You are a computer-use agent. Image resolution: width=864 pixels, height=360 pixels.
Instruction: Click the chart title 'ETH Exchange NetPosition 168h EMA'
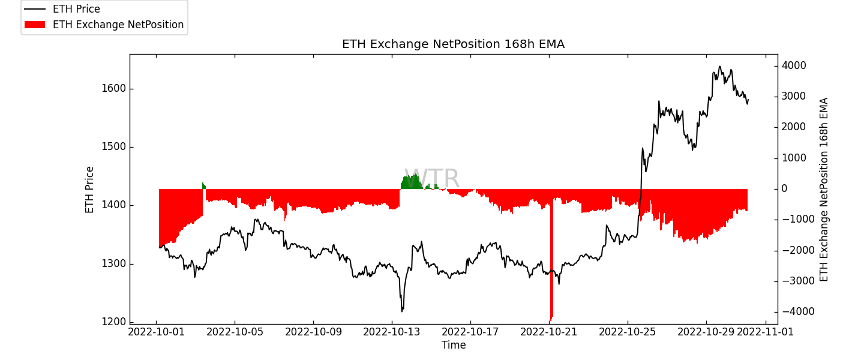[x=453, y=44]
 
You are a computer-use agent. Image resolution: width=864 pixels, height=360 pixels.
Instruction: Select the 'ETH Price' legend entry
[x=76, y=9]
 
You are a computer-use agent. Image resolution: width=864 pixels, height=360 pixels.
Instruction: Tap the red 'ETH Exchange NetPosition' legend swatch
[x=35, y=25]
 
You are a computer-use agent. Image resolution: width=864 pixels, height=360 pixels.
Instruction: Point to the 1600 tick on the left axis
[x=114, y=89]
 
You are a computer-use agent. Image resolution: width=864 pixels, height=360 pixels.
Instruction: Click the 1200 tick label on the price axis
[x=114, y=322]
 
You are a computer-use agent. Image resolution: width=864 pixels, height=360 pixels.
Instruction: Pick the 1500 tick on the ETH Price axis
[x=114, y=147]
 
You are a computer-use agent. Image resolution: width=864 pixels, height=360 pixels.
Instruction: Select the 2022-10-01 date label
[x=157, y=331]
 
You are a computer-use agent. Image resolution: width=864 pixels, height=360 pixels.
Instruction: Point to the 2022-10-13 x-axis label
[x=392, y=331]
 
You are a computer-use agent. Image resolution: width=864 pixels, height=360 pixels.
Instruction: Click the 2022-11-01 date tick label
[x=765, y=331]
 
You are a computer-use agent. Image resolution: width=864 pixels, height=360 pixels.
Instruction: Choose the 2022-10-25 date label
[x=628, y=331]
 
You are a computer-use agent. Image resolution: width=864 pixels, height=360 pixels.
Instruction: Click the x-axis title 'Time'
[x=454, y=345]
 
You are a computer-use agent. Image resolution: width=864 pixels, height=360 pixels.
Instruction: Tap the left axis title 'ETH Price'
[x=90, y=190]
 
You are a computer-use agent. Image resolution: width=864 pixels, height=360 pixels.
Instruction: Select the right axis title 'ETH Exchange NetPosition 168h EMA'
[x=824, y=190]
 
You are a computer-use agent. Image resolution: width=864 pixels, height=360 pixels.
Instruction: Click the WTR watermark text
[x=431, y=179]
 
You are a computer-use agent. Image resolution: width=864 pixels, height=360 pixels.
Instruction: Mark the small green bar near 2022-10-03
[x=203, y=185]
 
